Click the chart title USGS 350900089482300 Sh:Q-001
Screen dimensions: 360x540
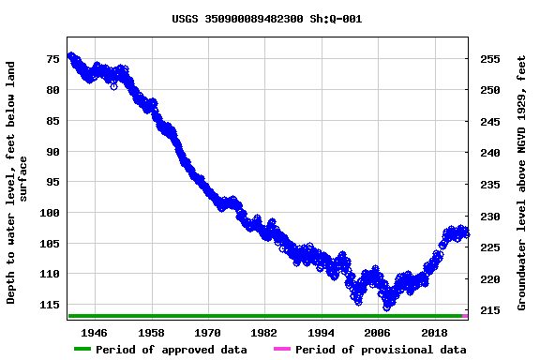(x=267, y=19)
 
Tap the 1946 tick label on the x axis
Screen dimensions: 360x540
(x=95, y=333)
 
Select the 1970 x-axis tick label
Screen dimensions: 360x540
(x=207, y=333)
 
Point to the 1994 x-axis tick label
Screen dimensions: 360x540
(x=321, y=333)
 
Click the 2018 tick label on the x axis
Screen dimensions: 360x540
(x=434, y=333)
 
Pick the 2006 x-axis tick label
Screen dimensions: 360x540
(x=377, y=333)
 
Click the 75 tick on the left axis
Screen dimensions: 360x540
(x=52, y=59)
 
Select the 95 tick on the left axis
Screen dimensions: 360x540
(x=52, y=182)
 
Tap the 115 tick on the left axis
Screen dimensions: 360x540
(x=49, y=305)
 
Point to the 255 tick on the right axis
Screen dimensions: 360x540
(x=488, y=59)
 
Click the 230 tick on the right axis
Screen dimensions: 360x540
(x=488, y=217)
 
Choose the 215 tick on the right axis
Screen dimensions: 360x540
(x=488, y=310)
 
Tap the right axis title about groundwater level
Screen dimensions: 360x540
(x=521, y=183)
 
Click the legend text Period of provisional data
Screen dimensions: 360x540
(x=381, y=350)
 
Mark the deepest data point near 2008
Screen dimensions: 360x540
(x=386, y=307)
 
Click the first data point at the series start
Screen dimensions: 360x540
(x=70, y=56)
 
